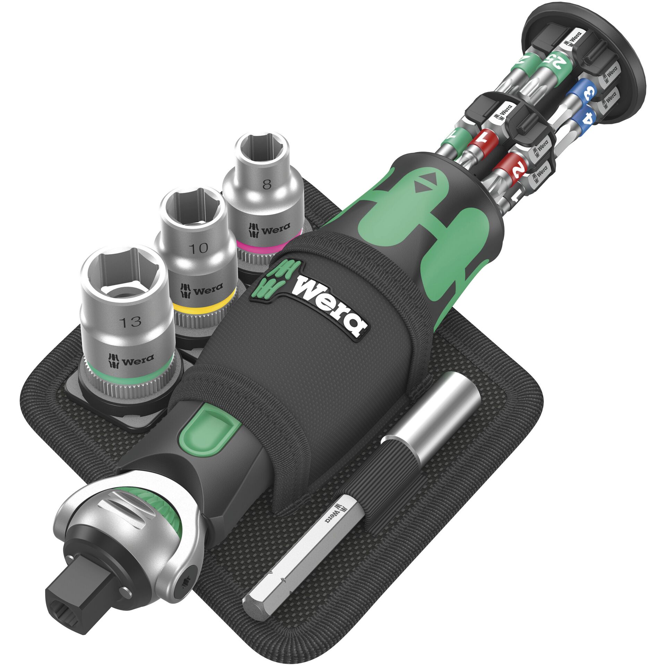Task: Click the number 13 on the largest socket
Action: tap(131, 322)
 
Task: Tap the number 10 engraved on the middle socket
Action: tap(199, 248)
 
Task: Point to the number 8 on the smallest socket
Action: tap(266, 185)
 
